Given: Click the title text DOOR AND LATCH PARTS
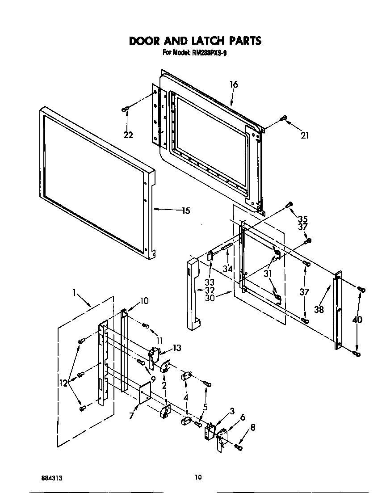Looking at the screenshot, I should (195, 41).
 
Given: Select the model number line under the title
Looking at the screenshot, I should (195, 53).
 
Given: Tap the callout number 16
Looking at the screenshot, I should (233, 84).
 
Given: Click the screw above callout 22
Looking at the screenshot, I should (126, 109).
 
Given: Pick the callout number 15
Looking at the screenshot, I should (185, 211).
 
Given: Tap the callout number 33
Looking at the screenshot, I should (210, 282).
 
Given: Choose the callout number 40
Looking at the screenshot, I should (357, 320).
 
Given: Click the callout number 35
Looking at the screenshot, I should (303, 219).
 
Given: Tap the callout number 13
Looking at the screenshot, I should (177, 348).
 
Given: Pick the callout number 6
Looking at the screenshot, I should (242, 417).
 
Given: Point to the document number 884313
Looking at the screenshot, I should (51, 477).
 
